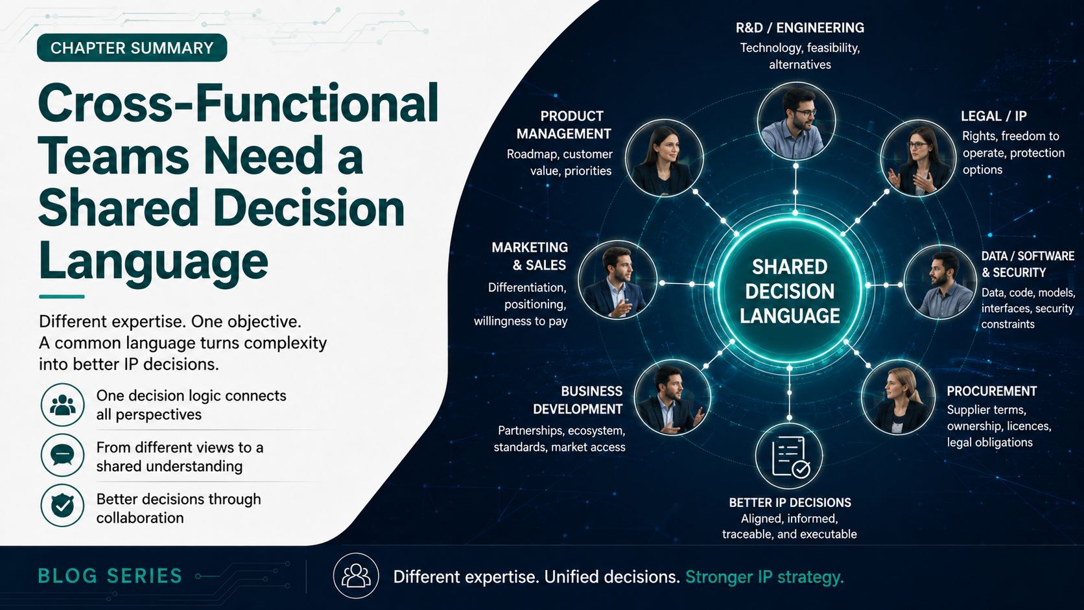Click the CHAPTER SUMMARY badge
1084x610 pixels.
pos(132,47)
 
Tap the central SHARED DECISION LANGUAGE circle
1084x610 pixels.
pos(790,290)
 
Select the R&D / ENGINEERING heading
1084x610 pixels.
pos(799,28)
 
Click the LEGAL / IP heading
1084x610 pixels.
pos(993,116)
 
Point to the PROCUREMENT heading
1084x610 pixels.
pos(991,391)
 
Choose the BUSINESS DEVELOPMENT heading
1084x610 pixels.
pos(578,400)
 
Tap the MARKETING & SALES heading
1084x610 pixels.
pos(530,256)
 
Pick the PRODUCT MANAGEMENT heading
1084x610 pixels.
pos(564,125)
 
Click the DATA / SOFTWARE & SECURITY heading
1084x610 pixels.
pos(1028,264)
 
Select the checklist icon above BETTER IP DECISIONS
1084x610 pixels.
pos(789,456)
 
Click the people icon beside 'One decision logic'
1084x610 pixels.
pos(62,405)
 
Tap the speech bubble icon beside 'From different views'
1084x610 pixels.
pos(62,455)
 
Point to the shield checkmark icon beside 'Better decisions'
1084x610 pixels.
pos(62,506)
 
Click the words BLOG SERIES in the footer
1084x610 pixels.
pos(110,576)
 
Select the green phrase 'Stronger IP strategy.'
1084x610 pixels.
pos(764,577)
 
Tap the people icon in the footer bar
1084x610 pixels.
pos(356,576)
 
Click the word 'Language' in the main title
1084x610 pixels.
pos(153,261)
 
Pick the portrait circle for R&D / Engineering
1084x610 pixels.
pos(796,121)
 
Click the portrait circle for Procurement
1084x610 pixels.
pos(899,397)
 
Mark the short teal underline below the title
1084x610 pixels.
pos(62,296)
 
